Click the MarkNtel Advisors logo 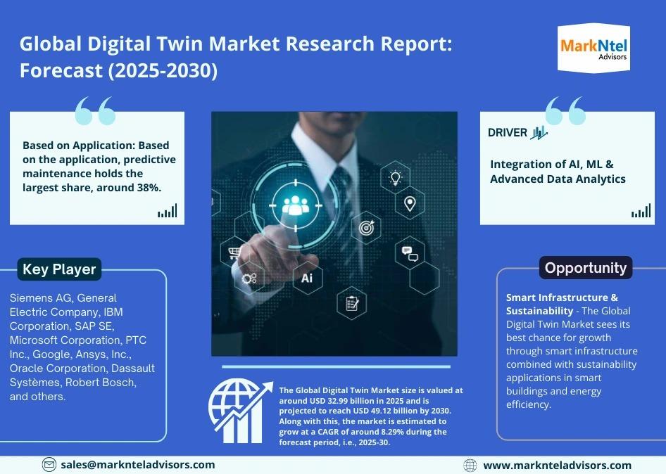pos(593,48)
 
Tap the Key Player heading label pos(59,269)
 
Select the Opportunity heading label pos(585,268)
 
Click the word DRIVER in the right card pos(508,132)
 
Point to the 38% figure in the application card pos(149,187)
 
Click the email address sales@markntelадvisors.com pos(137,464)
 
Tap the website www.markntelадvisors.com pos(557,465)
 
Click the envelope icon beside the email pos(49,464)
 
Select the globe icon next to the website pos(470,465)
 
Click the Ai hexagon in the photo pos(307,278)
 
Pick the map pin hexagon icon pos(410,203)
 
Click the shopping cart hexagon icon pos(233,251)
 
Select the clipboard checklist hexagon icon pos(352,304)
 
